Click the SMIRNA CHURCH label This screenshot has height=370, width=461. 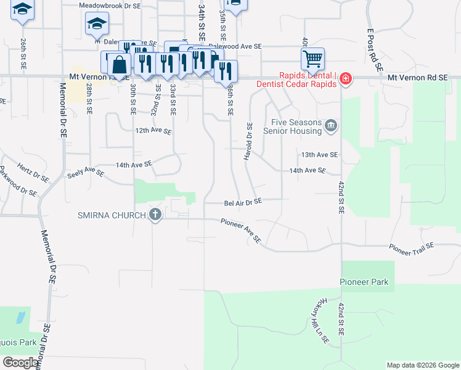[x=111, y=215]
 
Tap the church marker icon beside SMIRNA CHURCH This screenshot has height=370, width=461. [x=155, y=215]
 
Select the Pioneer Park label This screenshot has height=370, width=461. [x=365, y=282]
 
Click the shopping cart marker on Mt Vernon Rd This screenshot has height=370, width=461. [x=312, y=60]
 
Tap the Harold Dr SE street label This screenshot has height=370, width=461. [x=248, y=141]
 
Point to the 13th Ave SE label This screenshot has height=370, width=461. [x=319, y=154]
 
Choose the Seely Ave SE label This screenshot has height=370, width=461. [x=85, y=173]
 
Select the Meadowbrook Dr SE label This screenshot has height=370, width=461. [x=110, y=4]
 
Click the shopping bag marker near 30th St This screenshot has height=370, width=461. [x=120, y=64]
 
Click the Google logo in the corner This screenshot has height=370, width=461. [x=20, y=363]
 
